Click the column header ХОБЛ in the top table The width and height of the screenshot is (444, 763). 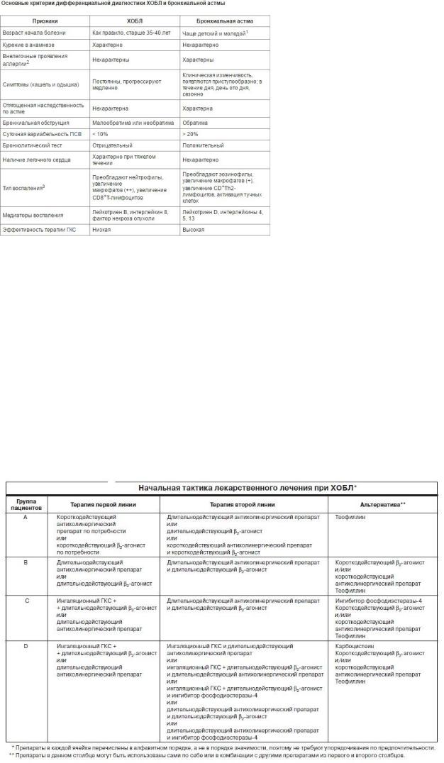(x=133, y=21)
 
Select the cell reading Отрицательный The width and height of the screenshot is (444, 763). (x=112, y=145)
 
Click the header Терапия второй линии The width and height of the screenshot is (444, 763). (x=244, y=504)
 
